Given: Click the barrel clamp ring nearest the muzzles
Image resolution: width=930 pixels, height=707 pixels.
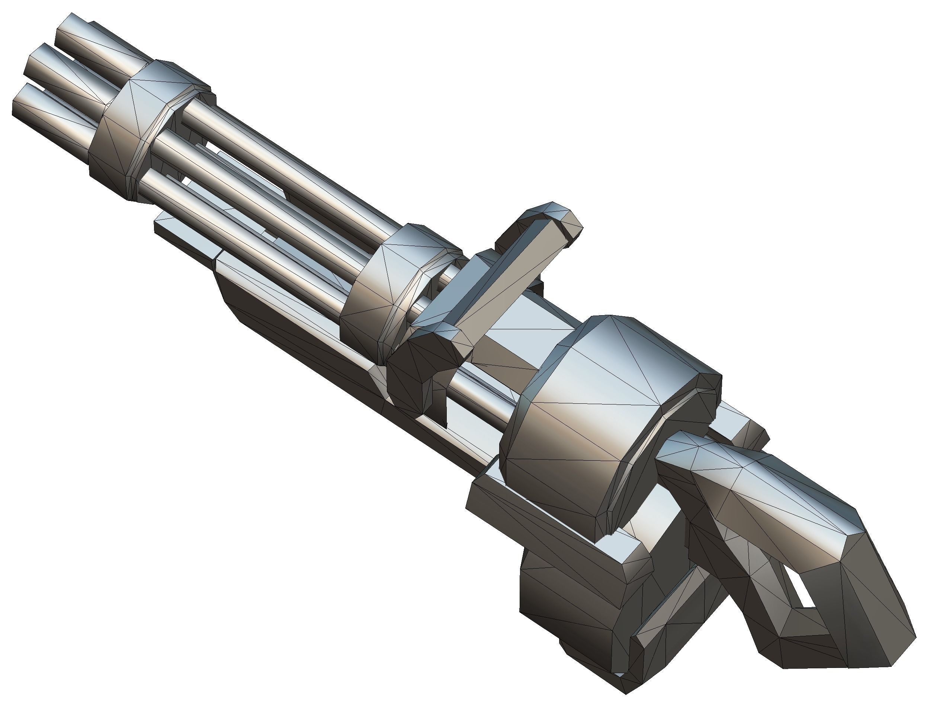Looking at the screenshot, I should coord(139,126).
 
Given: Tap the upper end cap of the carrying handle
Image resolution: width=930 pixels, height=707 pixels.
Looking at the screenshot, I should coord(564,223).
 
